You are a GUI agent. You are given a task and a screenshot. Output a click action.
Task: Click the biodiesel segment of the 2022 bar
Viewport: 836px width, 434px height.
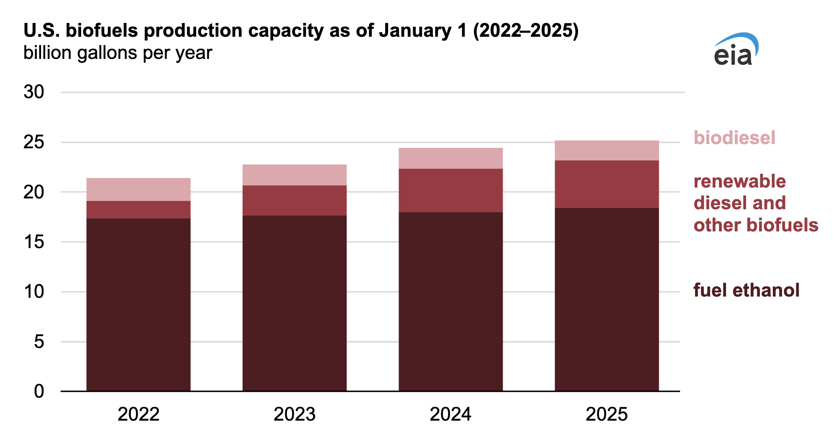[138, 189]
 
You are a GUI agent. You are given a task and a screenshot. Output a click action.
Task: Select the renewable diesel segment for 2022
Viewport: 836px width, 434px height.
[138, 209]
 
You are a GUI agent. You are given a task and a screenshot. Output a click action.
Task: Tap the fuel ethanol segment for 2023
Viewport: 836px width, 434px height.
[294, 303]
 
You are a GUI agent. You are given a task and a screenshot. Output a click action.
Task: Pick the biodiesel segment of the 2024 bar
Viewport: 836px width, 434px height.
[450, 158]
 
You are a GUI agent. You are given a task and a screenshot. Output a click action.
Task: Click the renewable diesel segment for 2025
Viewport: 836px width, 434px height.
[606, 184]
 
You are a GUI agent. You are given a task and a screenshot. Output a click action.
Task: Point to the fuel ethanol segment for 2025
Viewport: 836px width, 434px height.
[606, 299]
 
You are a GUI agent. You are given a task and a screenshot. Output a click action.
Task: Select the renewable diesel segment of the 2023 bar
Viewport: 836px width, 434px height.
[294, 200]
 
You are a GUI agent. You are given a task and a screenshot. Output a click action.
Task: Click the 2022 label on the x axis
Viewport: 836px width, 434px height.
[138, 414]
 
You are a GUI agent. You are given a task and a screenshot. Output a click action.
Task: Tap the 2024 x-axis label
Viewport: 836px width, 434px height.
[450, 414]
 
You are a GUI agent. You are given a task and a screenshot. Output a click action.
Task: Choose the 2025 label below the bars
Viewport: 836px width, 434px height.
[606, 414]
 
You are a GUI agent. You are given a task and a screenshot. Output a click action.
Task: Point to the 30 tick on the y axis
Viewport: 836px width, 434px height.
[33, 92]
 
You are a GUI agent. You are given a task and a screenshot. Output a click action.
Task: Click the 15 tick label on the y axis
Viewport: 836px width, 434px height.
[33, 242]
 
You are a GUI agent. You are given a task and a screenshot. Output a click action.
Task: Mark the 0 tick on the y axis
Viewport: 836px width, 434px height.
[38, 391]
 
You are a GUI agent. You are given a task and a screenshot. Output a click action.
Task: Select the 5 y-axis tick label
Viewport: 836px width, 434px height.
[38, 342]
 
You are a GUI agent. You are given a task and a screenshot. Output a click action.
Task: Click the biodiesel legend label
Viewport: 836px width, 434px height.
[734, 138]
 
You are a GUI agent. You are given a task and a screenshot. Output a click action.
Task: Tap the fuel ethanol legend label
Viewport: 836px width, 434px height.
[747, 290]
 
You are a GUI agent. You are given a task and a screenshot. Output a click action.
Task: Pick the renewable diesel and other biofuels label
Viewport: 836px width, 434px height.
[755, 203]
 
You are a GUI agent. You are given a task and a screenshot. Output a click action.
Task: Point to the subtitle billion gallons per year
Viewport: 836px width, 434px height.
[118, 53]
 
